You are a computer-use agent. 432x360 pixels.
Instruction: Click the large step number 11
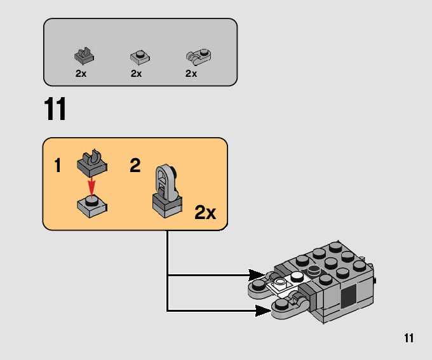55,109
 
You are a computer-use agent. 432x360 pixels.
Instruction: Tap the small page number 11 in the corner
409,338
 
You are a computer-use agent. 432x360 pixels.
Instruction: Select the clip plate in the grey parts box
84,55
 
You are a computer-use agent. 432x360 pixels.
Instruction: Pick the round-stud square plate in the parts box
140,57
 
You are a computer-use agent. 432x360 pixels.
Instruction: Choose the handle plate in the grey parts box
198,57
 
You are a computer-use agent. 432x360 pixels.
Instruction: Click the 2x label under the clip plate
81,74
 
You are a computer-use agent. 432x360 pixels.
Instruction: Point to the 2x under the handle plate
191,74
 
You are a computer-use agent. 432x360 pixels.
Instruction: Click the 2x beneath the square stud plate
137,74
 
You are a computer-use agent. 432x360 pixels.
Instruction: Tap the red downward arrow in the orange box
91,187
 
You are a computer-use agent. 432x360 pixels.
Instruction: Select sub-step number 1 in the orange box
58,165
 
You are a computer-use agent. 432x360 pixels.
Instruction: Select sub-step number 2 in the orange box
135,165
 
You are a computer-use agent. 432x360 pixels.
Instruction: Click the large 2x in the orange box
205,212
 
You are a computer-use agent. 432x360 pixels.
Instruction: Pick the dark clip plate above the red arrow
92,163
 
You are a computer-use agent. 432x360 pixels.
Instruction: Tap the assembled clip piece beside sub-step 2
167,191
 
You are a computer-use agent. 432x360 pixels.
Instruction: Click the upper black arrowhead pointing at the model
257,275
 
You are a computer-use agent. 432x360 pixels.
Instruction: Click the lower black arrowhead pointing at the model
263,310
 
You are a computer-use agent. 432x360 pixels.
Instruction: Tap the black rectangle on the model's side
349,297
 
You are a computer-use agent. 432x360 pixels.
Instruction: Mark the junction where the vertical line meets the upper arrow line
167,275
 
